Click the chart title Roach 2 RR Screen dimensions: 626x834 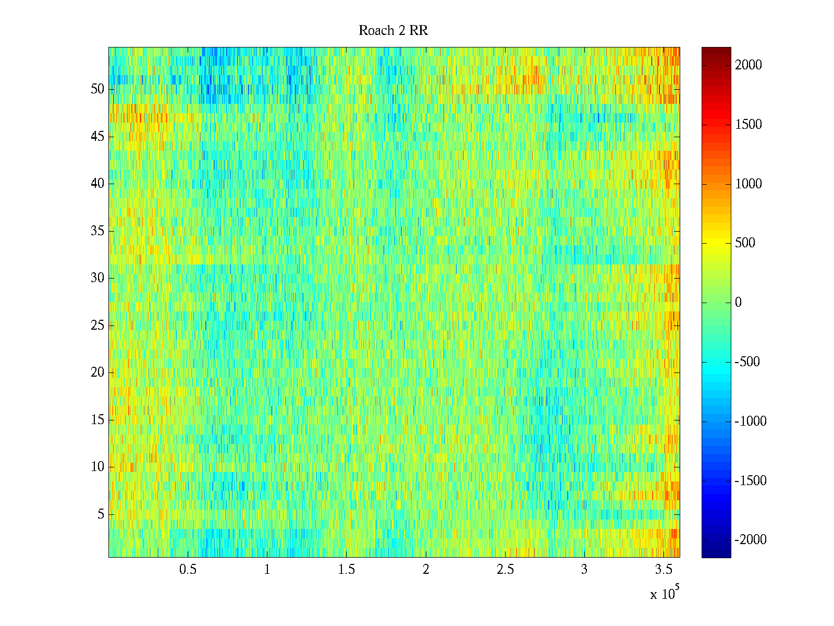(393, 31)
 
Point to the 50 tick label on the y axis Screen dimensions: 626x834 (97, 89)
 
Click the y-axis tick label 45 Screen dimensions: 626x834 (97, 137)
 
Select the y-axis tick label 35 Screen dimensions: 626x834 (97, 231)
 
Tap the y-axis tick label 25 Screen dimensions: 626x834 (97, 326)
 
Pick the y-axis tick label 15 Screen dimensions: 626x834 (97, 420)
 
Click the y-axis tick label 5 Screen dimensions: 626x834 (101, 514)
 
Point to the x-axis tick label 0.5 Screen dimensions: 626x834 (188, 570)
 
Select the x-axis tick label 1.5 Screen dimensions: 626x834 (346, 570)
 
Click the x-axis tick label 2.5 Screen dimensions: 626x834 (505, 570)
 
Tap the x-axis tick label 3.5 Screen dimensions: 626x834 (663, 570)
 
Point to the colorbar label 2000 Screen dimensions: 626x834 (749, 65)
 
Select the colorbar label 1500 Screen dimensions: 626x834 (749, 124)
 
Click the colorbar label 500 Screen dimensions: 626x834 (745, 243)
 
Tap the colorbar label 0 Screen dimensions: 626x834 (738, 303)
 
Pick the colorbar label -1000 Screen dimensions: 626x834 (751, 422)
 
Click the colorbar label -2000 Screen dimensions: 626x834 (751, 540)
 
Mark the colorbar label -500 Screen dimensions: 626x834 (747, 362)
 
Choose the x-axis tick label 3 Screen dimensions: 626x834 (584, 570)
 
